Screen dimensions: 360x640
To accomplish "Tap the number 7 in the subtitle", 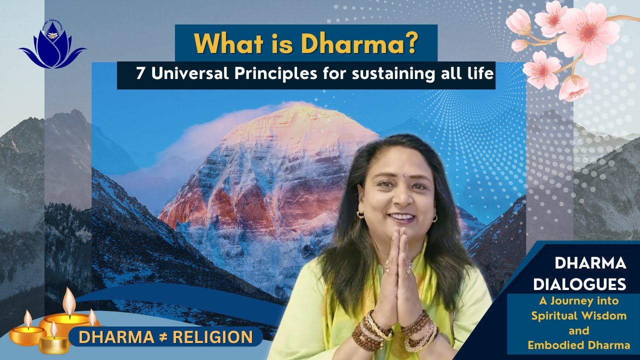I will pos(139,74).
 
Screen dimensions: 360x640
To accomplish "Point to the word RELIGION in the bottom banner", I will pos(212,337).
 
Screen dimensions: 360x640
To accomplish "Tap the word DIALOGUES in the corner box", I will pos(579,284).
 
